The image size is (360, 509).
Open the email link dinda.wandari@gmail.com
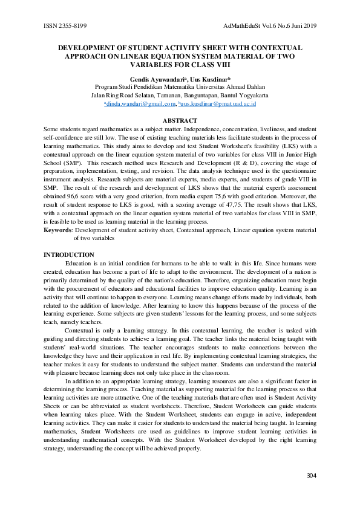[140, 104]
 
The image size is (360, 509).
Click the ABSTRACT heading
[180, 121]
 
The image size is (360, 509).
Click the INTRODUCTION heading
[69, 254]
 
